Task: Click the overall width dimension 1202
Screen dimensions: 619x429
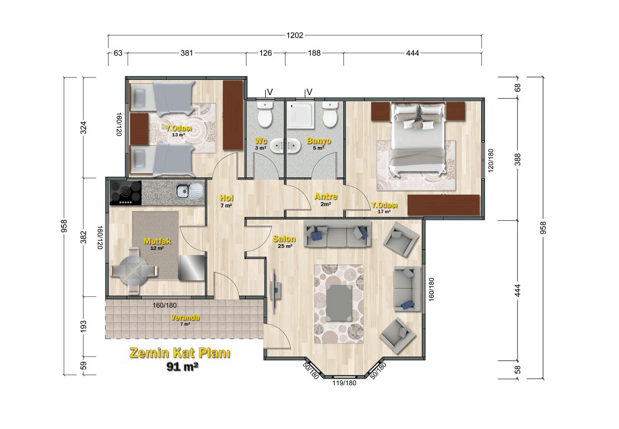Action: pos(295,35)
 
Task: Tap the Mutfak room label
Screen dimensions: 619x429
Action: pos(157,241)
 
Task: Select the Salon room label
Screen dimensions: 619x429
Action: pos(284,239)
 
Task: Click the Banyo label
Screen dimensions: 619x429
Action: pos(319,140)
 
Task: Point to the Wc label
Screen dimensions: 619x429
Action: pos(261,140)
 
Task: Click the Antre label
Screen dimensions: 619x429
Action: pos(326,197)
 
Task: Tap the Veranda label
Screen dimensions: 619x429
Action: pos(185,318)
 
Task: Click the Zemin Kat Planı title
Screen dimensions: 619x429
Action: pos(180,353)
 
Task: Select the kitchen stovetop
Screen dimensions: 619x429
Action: pos(126,193)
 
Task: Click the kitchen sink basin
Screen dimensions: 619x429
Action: pos(183,191)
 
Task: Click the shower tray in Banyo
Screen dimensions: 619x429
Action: pos(301,115)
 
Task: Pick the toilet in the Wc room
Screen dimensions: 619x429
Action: pos(265,114)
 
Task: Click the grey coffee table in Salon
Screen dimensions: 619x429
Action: pos(339,303)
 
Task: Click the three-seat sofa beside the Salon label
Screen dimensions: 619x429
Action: pos(337,233)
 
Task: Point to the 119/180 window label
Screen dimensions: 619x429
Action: pos(344,383)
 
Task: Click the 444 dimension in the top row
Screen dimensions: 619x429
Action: pos(413,53)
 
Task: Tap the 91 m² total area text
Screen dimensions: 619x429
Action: pos(182,367)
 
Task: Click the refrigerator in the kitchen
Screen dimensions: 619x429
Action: pos(192,268)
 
